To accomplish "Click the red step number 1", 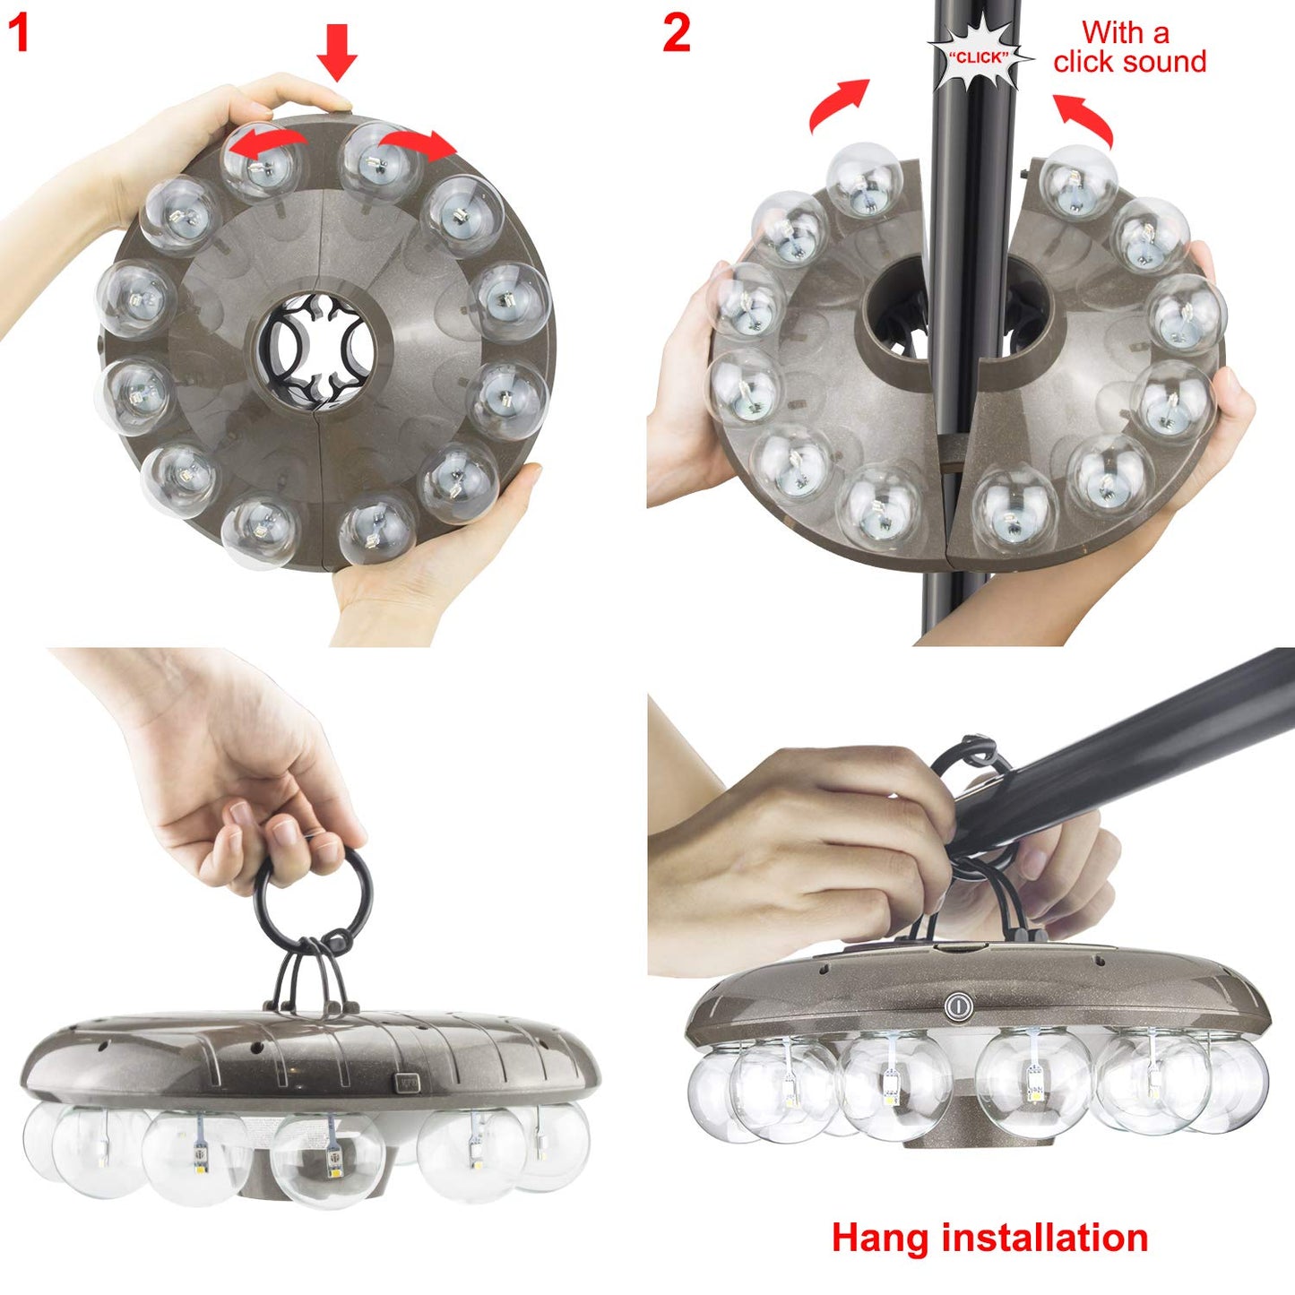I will (x=19, y=34).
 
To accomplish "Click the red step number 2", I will (x=677, y=34).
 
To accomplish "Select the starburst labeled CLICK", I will (x=978, y=56).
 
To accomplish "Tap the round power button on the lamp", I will (x=958, y=1006).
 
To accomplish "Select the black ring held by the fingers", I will (x=313, y=896).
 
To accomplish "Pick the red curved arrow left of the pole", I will (x=837, y=103).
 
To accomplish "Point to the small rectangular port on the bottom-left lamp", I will (x=409, y=1082).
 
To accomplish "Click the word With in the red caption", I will (x=1111, y=32).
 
